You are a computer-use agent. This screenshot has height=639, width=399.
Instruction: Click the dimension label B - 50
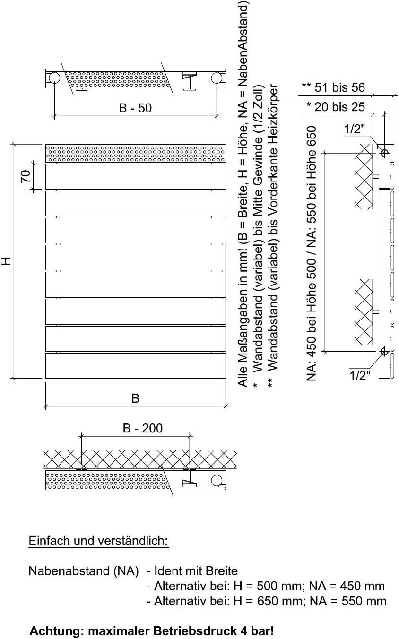(135, 108)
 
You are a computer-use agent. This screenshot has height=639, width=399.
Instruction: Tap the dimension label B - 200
(143, 428)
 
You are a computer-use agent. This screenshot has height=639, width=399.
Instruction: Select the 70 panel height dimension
(26, 176)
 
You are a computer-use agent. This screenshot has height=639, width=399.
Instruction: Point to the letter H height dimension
(6, 261)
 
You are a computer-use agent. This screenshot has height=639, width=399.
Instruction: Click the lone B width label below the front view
(135, 398)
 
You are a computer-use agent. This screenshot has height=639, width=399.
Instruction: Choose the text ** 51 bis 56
(333, 87)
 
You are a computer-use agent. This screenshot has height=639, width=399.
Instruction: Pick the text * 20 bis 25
(335, 107)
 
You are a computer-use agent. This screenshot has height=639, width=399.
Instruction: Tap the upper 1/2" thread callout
(355, 129)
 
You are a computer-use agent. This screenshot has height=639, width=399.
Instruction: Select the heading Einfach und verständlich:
(98, 541)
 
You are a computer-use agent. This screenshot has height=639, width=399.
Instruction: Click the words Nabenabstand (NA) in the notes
(84, 571)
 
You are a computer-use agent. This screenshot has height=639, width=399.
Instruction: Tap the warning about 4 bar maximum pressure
(152, 630)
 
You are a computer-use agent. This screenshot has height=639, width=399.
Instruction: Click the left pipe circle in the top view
(54, 78)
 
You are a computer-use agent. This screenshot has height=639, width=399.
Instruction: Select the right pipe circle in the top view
(217, 78)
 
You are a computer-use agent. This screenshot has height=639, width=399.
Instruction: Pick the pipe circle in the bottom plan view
(217, 480)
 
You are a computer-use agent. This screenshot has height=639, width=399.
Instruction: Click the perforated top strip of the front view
(136, 154)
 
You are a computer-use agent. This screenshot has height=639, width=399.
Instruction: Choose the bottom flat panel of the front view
(136, 366)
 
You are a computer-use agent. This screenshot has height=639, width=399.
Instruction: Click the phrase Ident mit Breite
(196, 571)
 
